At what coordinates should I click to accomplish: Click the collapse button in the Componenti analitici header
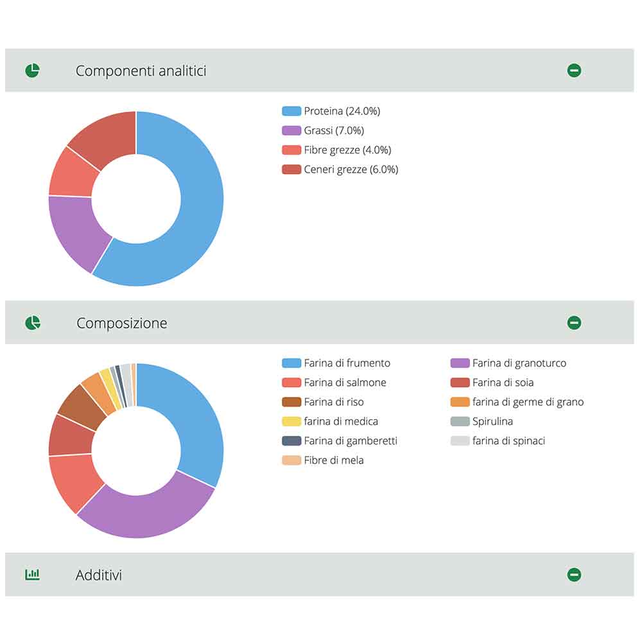click(574, 71)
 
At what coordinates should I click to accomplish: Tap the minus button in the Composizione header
click(574, 322)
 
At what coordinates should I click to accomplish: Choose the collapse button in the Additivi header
click(574, 575)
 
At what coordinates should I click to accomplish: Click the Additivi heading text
click(99, 575)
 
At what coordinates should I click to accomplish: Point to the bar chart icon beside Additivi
click(32, 575)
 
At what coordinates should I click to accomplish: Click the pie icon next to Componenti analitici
click(32, 71)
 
